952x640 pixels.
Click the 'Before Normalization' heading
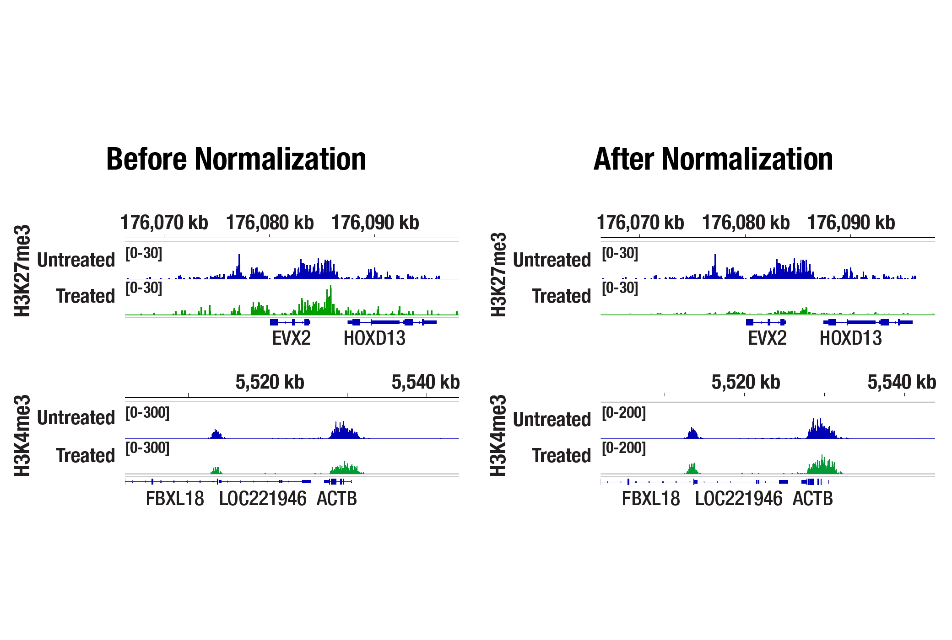[x=236, y=159]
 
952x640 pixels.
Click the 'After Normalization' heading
[x=713, y=159]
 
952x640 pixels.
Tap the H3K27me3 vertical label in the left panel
[x=22, y=271]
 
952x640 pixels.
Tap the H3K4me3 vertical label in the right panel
[x=498, y=435]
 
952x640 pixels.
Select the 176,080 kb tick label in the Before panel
[x=270, y=223]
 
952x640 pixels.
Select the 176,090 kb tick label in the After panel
[x=851, y=223]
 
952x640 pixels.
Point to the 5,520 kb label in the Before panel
[x=270, y=382]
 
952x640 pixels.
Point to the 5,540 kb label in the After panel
[x=901, y=382]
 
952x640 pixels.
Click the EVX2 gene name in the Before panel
[x=291, y=339]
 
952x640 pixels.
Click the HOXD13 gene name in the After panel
[x=850, y=339]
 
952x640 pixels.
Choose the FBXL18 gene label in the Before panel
[x=175, y=499]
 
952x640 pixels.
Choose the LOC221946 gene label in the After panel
[x=738, y=499]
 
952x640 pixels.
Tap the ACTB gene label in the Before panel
[x=336, y=499]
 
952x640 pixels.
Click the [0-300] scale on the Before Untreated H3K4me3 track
[x=147, y=413]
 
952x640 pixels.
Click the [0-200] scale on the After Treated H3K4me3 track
[x=623, y=448]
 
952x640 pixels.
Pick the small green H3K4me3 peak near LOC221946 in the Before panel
[x=216, y=470]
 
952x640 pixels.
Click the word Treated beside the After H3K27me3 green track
[x=562, y=296]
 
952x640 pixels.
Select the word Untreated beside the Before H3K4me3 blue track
[x=76, y=418]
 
